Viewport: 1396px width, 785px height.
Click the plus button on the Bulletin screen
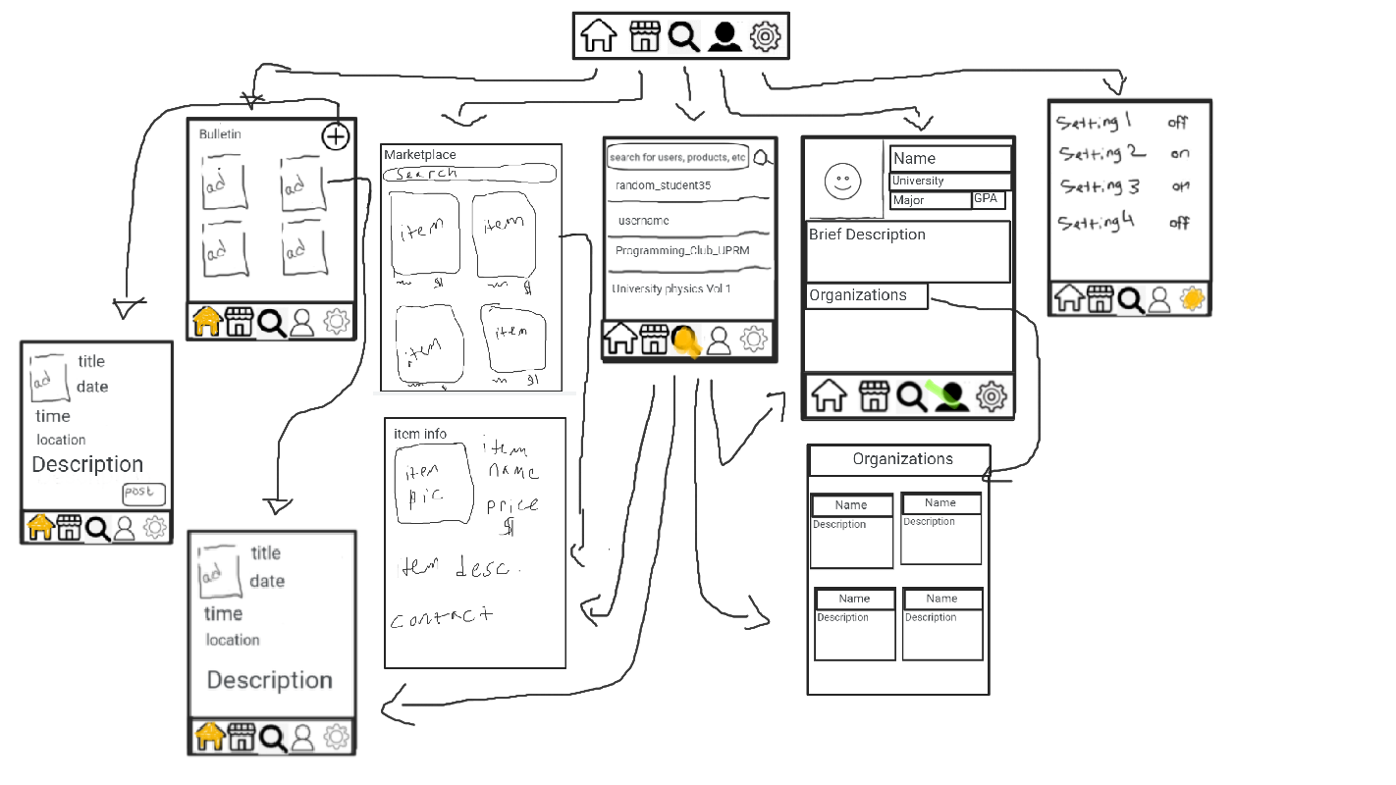click(x=336, y=136)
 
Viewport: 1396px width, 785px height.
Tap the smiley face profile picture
click(x=841, y=180)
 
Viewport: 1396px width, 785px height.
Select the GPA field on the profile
click(x=988, y=199)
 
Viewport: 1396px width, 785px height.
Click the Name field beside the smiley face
click(x=949, y=158)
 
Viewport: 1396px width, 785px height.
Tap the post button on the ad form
click(x=143, y=494)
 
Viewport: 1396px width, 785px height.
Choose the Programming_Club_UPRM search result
click(x=681, y=251)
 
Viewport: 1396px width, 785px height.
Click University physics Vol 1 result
click(x=671, y=289)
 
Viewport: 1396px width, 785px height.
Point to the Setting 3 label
click(x=1099, y=186)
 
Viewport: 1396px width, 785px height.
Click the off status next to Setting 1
click(x=1178, y=123)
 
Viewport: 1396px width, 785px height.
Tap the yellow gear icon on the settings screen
click(x=1192, y=299)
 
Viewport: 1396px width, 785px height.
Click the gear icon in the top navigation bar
click(x=765, y=37)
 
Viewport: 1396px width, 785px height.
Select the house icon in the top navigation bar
click(x=599, y=36)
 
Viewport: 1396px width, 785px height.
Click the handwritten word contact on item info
click(x=441, y=618)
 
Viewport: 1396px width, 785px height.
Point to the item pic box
click(x=432, y=483)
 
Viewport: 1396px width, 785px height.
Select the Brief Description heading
click(x=867, y=235)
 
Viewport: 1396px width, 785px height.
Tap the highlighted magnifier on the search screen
click(x=685, y=340)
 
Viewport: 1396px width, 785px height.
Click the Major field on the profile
click(x=930, y=200)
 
